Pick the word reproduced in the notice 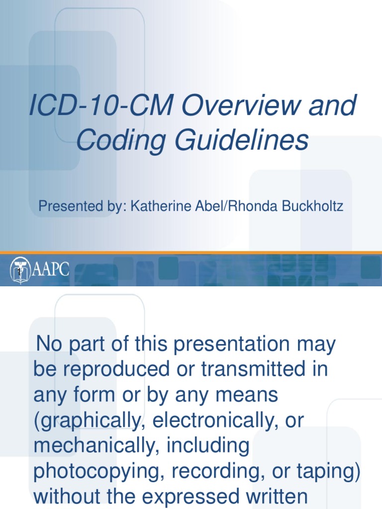(x=111, y=370)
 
